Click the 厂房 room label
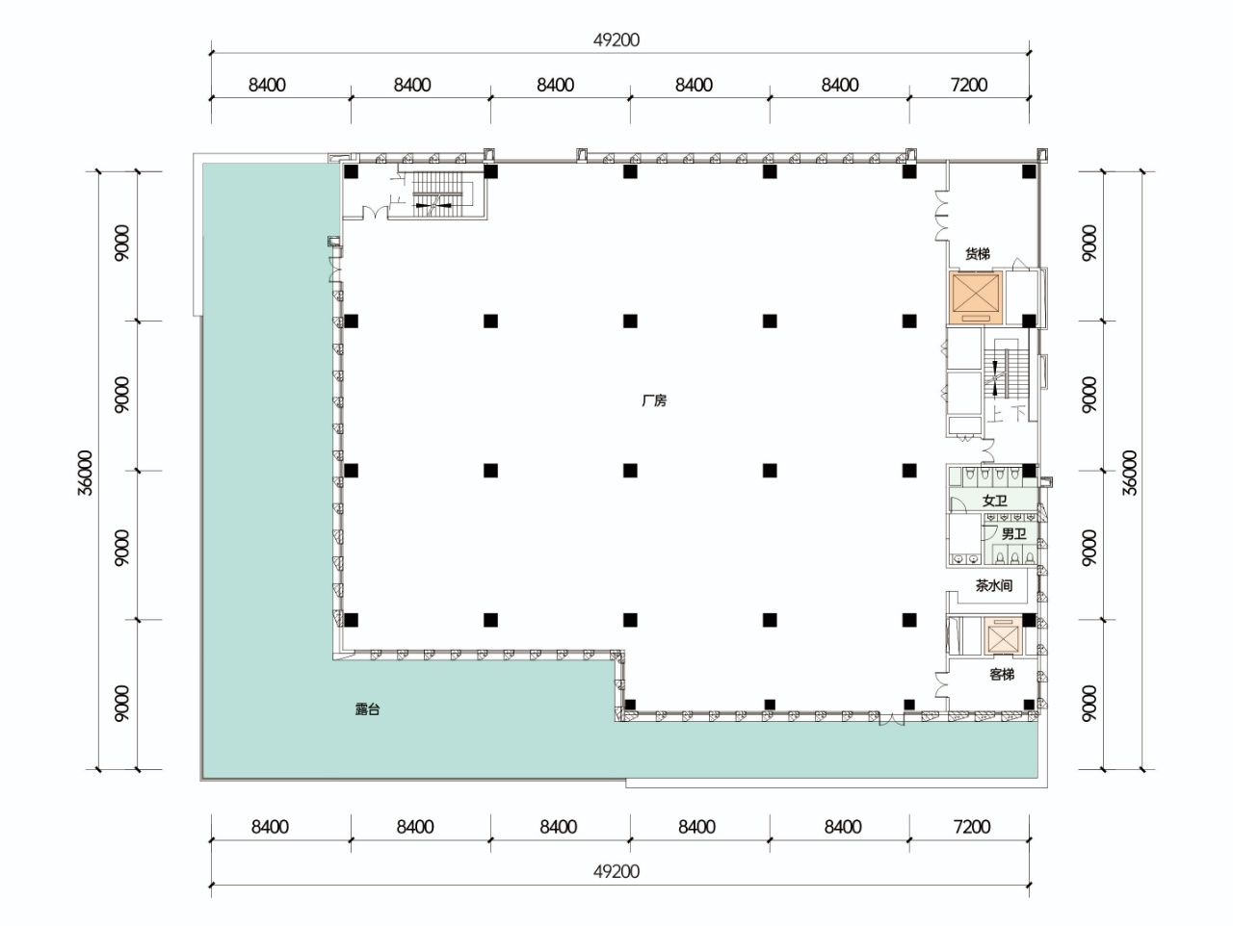tap(654, 400)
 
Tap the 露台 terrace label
tap(368, 709)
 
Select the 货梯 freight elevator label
tap(978, 254)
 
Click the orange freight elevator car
tap(976, 298)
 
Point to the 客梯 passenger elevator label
tap(1002, 674)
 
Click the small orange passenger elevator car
tap(1003, 636)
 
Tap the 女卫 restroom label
tap(994, 501)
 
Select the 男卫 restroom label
tap(1014, 533)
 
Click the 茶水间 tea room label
tap(994, 585)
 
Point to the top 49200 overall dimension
tap(616, 39)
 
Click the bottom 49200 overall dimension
tap(616, 871)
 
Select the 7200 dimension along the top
tap(969, 85)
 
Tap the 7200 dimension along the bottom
tap(972, 827)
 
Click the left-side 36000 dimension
tap(85, 473)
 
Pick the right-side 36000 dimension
tap(1130, 473)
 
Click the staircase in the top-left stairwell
tap(440, 191)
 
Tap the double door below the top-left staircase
tap(376, 213)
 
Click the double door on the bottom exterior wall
tap(891, 720)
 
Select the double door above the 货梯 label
tap(942, 216)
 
